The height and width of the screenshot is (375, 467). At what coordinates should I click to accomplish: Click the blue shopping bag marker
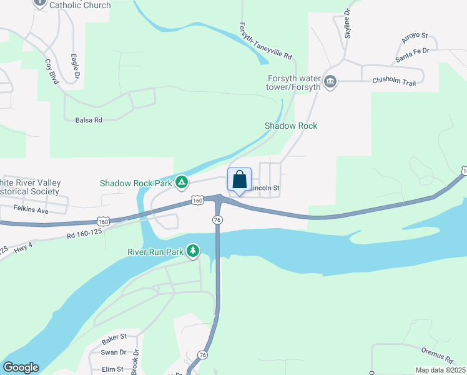(x=239, y=180)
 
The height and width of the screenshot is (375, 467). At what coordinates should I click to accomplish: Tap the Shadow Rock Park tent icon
(x=181, y=182)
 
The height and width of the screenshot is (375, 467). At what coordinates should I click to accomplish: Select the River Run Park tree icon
(x=193, y=251)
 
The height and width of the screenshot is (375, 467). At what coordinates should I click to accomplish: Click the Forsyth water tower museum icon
(x=330, y=81)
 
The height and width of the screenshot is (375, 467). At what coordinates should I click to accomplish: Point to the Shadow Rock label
(x=291, y=126)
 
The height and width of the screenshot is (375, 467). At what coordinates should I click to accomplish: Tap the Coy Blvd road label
(x=51, y=72)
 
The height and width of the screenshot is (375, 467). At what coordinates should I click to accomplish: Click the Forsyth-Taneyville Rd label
(x=265, y=42)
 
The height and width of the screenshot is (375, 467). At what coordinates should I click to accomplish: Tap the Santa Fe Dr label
(x=413, y=54)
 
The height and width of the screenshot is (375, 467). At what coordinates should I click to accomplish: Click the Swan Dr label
(x=113, y=352)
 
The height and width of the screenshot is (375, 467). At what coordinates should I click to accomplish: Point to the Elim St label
(x=112, y=369)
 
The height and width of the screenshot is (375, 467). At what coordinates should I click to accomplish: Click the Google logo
(x=21, y=367)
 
